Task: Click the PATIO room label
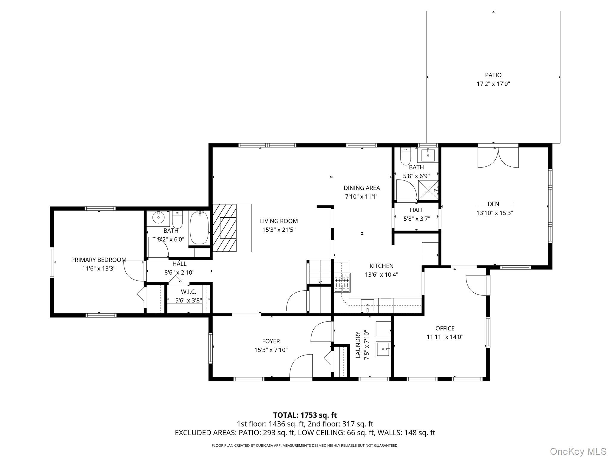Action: pyautogui.click(x=493, y=75)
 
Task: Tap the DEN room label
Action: pyautogui.click(x=493, y=204)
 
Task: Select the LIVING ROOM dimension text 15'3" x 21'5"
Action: pyautogui.click(x=279, y=230)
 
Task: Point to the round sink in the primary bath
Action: pyautogui.click(x=159, y=217)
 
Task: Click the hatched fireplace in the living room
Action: pyautogui.click(x=224, y=228)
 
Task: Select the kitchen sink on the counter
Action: pyautogui.click(x=368, y=305)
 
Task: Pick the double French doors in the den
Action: pyautogui.click(x=498, y=157)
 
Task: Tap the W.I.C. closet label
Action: pyautogui.click(x=189, y=292)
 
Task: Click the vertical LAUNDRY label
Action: pyautogui.click(x=358, y=345)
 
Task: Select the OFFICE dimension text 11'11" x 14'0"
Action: pyautogui.click(x=445, y=337)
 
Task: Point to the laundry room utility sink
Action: pyautogui.click(x=383, y=349)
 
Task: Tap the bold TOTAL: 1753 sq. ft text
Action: pyautogui.click(x=305, y=415)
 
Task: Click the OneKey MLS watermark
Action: pyautogui.click(x=578, y=451)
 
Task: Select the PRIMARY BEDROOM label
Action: pyautogui.click(x=99, y=260)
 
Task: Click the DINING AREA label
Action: pyautogui.click(x=362, y=188)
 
